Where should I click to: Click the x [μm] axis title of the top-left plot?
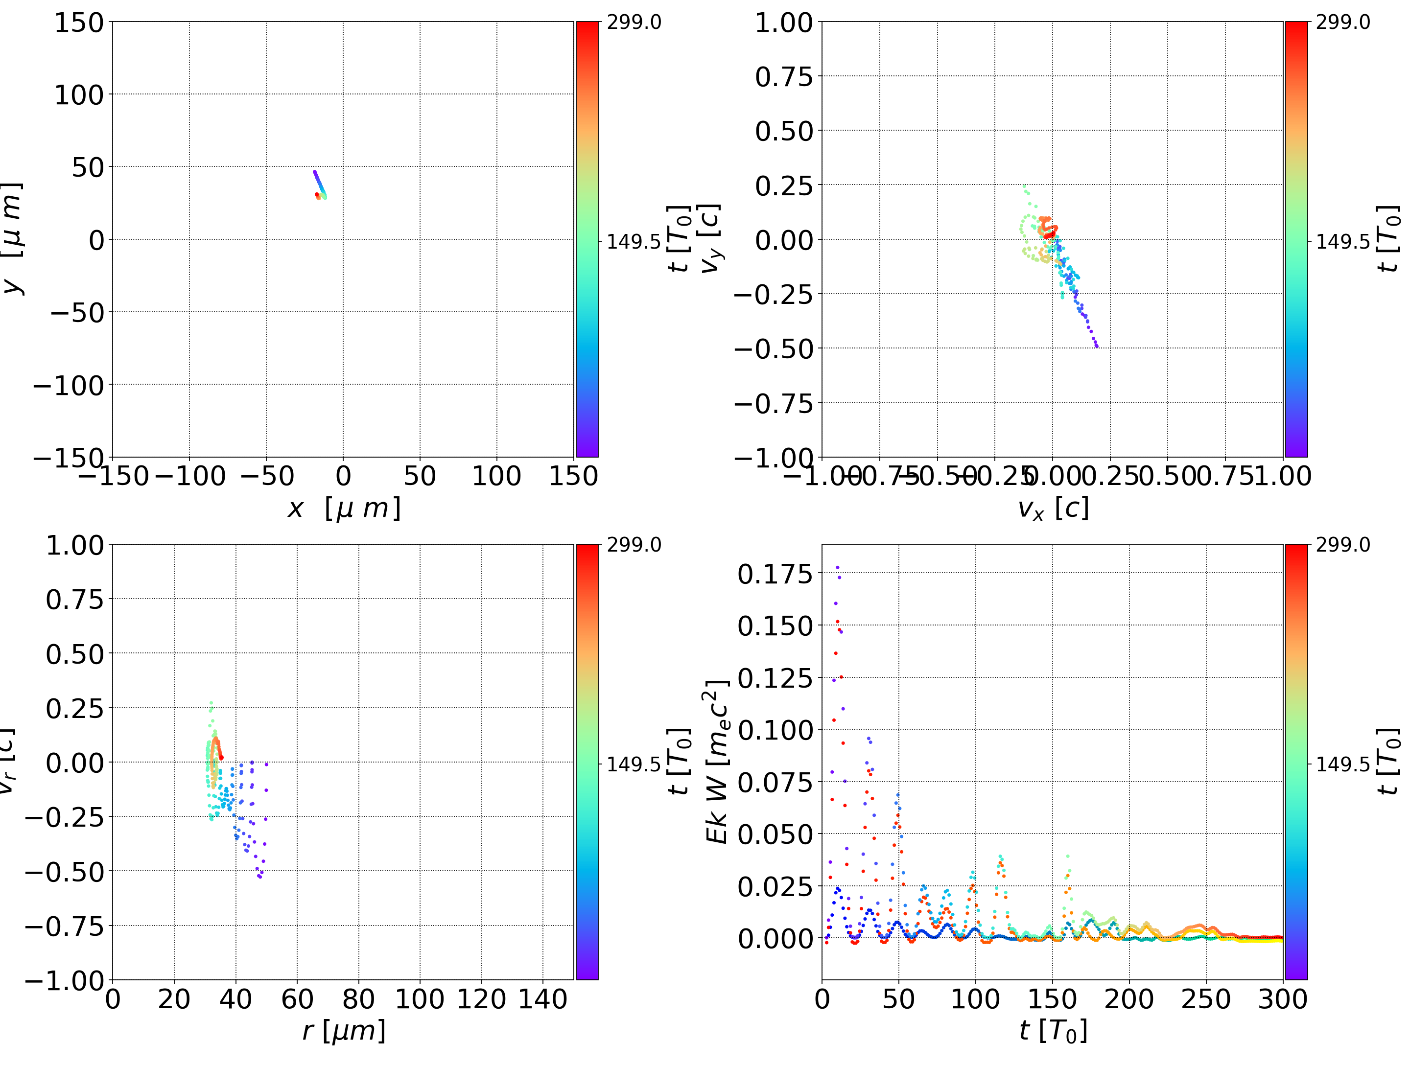344,509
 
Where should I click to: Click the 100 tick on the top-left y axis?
78,95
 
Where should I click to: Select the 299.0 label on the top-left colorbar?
634,23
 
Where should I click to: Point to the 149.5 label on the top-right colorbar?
1342,242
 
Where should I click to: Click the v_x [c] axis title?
1053,509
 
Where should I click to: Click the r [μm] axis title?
344,1031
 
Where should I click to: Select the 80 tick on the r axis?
358,999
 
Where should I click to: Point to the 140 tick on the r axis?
542,999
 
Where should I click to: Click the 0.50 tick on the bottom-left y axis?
74,654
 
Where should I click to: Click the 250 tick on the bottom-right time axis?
1205,999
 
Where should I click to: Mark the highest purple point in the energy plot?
837,567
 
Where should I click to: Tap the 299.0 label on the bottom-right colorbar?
1342,545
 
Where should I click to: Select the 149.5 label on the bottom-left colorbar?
634,764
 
